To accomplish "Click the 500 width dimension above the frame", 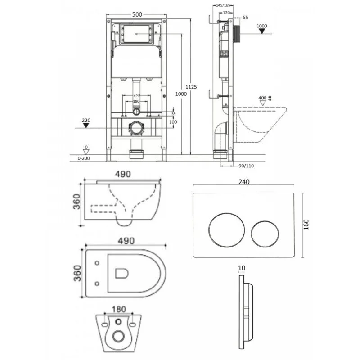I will (137, 14).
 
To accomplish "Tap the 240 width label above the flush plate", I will (244, 182).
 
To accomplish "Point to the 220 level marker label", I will (86, 121).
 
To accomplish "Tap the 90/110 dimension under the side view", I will (246, 165).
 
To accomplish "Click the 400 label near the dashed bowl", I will (262, 98).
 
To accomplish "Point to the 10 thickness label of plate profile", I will (242, 268).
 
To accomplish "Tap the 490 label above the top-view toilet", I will (126, 240).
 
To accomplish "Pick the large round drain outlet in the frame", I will (136, 129).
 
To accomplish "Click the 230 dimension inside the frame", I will (137, 95).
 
